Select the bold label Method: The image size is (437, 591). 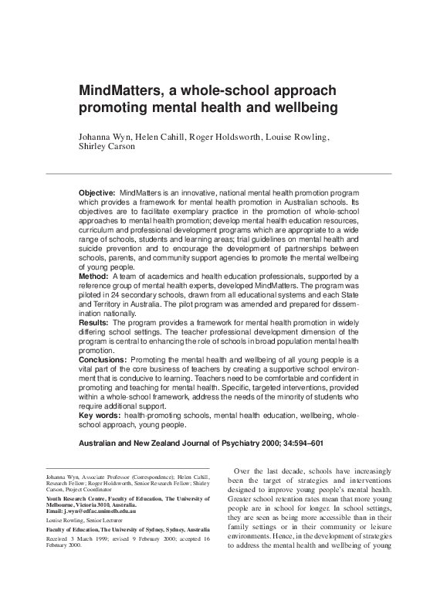tap(95, 276)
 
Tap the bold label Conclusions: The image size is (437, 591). tap(104, 361)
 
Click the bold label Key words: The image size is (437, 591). tap(101, 416)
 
